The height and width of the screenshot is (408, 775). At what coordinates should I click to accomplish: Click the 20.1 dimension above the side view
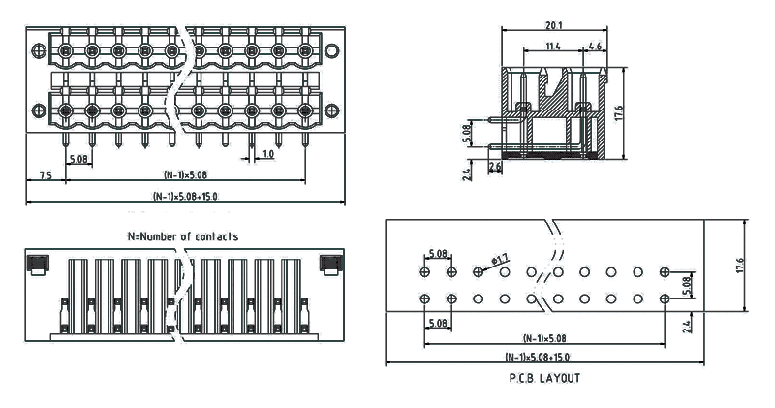(x=554, y=26)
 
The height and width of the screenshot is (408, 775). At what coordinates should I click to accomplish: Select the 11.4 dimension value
(x=553, y=46)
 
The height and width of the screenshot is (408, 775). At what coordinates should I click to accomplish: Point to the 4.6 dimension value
(x=594, y=46)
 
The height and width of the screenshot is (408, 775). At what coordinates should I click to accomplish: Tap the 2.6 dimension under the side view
(x=495, y=167)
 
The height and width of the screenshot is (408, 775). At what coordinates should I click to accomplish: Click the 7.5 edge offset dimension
(x=46, y=175)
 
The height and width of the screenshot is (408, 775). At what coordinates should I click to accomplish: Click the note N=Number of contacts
(x=183, y=236)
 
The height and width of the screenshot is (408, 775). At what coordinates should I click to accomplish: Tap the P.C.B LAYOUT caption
(x=545, y=378)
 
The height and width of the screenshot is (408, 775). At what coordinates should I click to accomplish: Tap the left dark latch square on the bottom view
(x=40, y=263)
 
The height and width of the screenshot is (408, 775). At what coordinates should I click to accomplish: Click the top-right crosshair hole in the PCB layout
(x=665, y=272)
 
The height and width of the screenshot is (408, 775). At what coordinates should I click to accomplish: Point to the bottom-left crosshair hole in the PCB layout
(x=426, y=298)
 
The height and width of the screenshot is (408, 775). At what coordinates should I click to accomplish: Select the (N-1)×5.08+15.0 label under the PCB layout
(x=543, y=356)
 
